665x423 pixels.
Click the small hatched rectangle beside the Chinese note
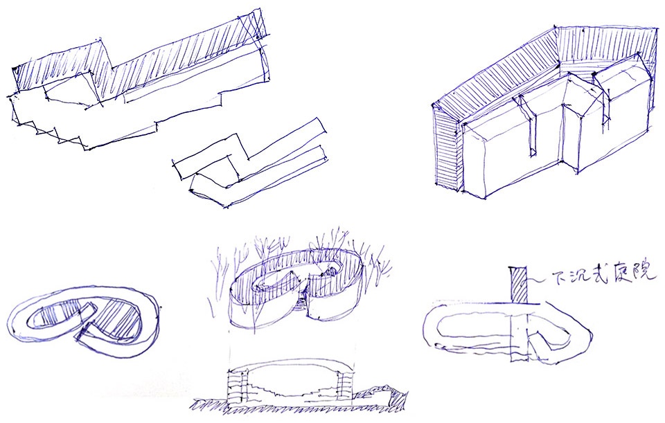(x=517, y=285)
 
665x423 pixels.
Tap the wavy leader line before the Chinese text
(x=539, y=280)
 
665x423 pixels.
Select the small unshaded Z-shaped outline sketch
(x=250, y=163)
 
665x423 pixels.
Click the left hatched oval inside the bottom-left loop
(x=54, y=314)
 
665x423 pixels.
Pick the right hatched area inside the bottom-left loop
(x=118, y=318)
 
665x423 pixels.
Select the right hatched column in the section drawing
(x=344, y=385)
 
